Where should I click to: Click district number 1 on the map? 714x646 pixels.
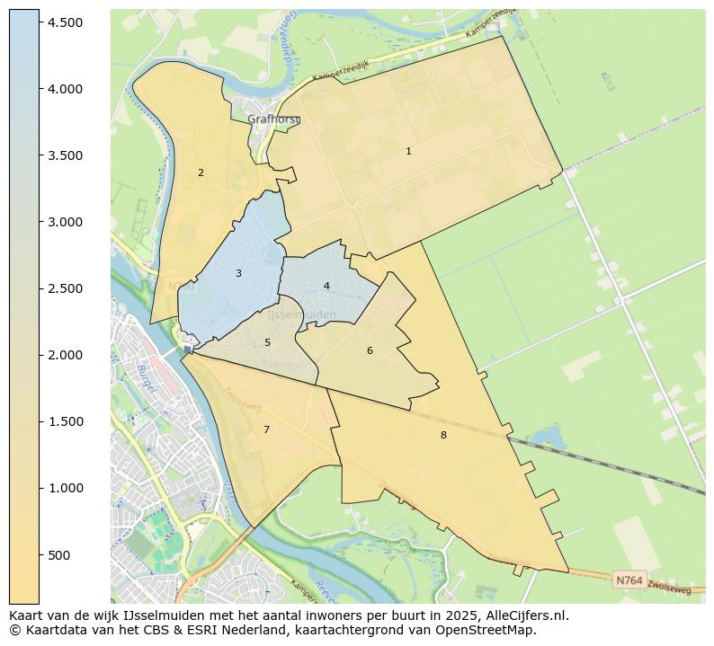pos(408,152)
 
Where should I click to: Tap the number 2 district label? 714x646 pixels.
pos(201,173)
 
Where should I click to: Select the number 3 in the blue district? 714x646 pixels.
pos(238,273)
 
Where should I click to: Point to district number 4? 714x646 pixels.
pos(326,287)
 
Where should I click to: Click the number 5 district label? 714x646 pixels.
pos(267,343)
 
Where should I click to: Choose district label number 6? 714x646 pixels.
pos(370,350)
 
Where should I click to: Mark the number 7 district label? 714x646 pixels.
pos(266,430)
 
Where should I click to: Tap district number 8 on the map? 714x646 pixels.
pos(443,436)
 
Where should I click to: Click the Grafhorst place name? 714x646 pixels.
pos(272,119)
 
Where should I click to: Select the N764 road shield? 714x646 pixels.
pos(629,580)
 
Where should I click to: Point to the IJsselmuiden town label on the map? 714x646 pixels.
pos(302,314)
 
